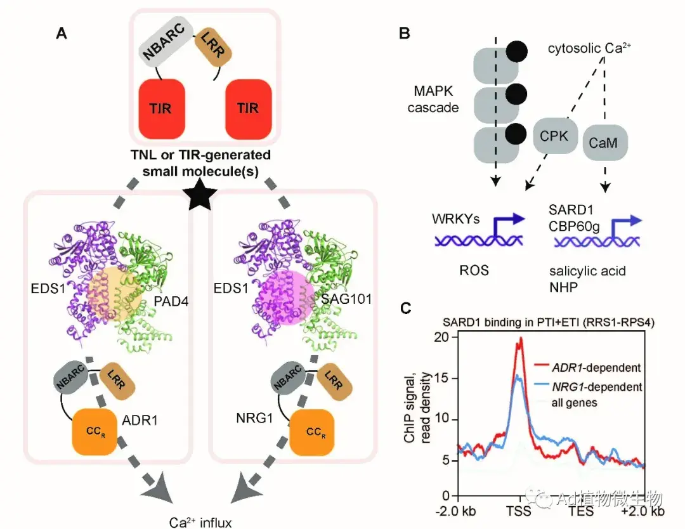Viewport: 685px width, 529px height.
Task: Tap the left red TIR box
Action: tap(161, 107)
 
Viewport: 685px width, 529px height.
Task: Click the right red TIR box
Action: tap(248, 107)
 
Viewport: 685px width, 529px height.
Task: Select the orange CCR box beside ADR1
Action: tap(95, 431)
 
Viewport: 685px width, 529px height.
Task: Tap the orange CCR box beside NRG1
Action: tap(310, 431)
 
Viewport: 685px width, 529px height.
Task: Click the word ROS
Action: tap(472, 271)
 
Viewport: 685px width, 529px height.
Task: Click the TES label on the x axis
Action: tap(580, 511)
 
